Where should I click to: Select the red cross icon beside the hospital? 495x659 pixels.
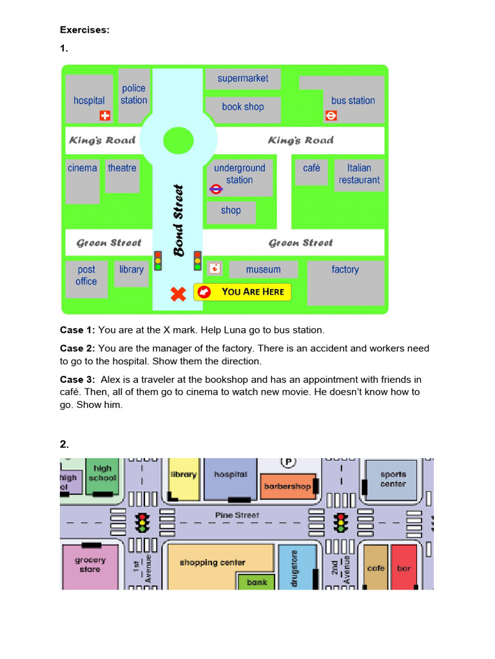104,116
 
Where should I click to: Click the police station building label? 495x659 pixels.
133,94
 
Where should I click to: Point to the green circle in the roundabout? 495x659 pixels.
179,140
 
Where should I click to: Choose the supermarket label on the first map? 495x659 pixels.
243,79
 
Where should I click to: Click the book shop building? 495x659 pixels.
243,108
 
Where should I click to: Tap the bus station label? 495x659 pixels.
353,100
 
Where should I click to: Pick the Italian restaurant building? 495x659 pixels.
359,174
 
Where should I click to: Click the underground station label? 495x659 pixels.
239,174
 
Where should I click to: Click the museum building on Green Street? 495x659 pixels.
263,270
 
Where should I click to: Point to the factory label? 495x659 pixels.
345,270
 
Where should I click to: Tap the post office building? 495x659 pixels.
86,277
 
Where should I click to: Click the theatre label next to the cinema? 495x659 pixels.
122,168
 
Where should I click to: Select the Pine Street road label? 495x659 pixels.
237,515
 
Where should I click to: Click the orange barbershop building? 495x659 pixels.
287,487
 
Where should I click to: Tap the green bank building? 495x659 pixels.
257,582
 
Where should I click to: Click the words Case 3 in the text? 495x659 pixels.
77,380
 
